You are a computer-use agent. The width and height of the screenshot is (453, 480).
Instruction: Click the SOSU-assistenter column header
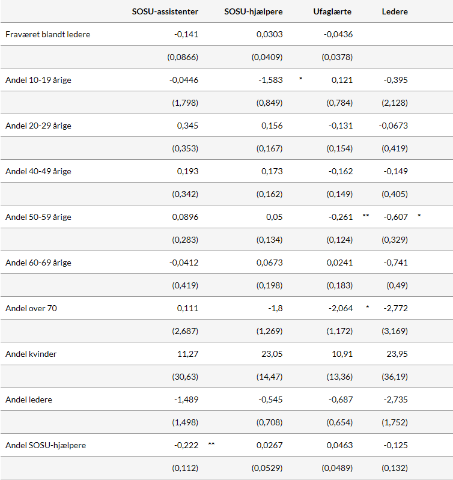(165, 11)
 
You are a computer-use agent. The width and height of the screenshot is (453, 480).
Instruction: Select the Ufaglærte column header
(332, 11)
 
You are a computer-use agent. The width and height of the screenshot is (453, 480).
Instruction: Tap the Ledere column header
(395, 11)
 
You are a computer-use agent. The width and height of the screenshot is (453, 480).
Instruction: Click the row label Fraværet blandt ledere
(47, 34)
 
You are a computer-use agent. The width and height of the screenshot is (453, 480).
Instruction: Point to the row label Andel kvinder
(31, 354)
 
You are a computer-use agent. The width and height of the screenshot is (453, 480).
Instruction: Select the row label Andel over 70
(31, 308)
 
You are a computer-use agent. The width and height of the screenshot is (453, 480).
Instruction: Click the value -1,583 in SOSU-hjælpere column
(269, 80)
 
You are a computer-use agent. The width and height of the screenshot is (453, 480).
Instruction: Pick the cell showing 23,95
(397, 354)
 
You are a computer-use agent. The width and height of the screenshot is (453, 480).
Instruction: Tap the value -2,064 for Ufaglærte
(340, 308)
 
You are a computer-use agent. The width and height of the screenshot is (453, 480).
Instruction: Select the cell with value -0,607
(395, 217)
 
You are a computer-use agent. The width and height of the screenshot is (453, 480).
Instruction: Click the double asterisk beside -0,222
(211, 444)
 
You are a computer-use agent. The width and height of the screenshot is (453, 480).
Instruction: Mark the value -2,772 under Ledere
(395, 308)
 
